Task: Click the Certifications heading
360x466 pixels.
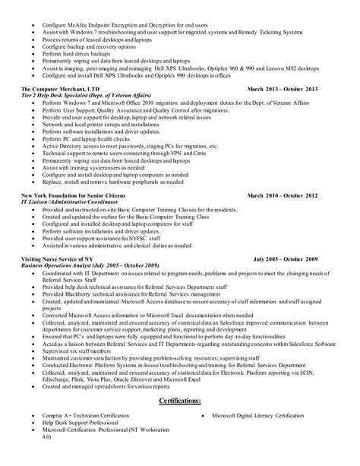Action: pos(180,421)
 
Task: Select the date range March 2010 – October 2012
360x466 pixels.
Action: pos(292,195)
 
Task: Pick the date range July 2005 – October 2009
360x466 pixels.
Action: pos(295,259)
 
